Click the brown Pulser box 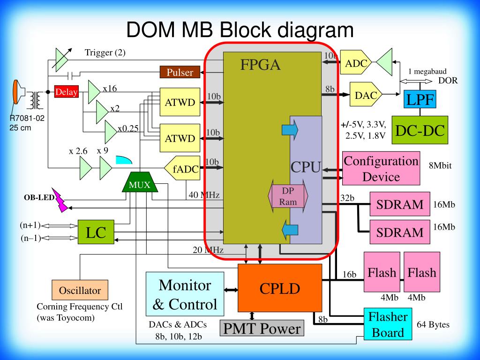(x=180, y=72)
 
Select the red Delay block (x=67, y=91)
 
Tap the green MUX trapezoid (x=140, y=182)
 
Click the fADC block (x=182, y=168)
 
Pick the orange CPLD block (x=280, y=288)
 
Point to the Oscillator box (x=80, y=290)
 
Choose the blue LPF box (x=420, y=99)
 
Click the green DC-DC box (x=420, y=130)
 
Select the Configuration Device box (x=381, y=168)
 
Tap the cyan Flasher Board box (x=388, y=324)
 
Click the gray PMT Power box (x=262, y=328)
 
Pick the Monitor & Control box (x=185, y=294)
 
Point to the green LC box (x=96, y=232)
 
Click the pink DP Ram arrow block (x=288, y=196)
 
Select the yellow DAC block (x=366, y=94)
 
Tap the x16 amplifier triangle (x=94, y=92)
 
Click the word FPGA (x=260, y=65)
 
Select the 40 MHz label (x=204, y=195)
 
